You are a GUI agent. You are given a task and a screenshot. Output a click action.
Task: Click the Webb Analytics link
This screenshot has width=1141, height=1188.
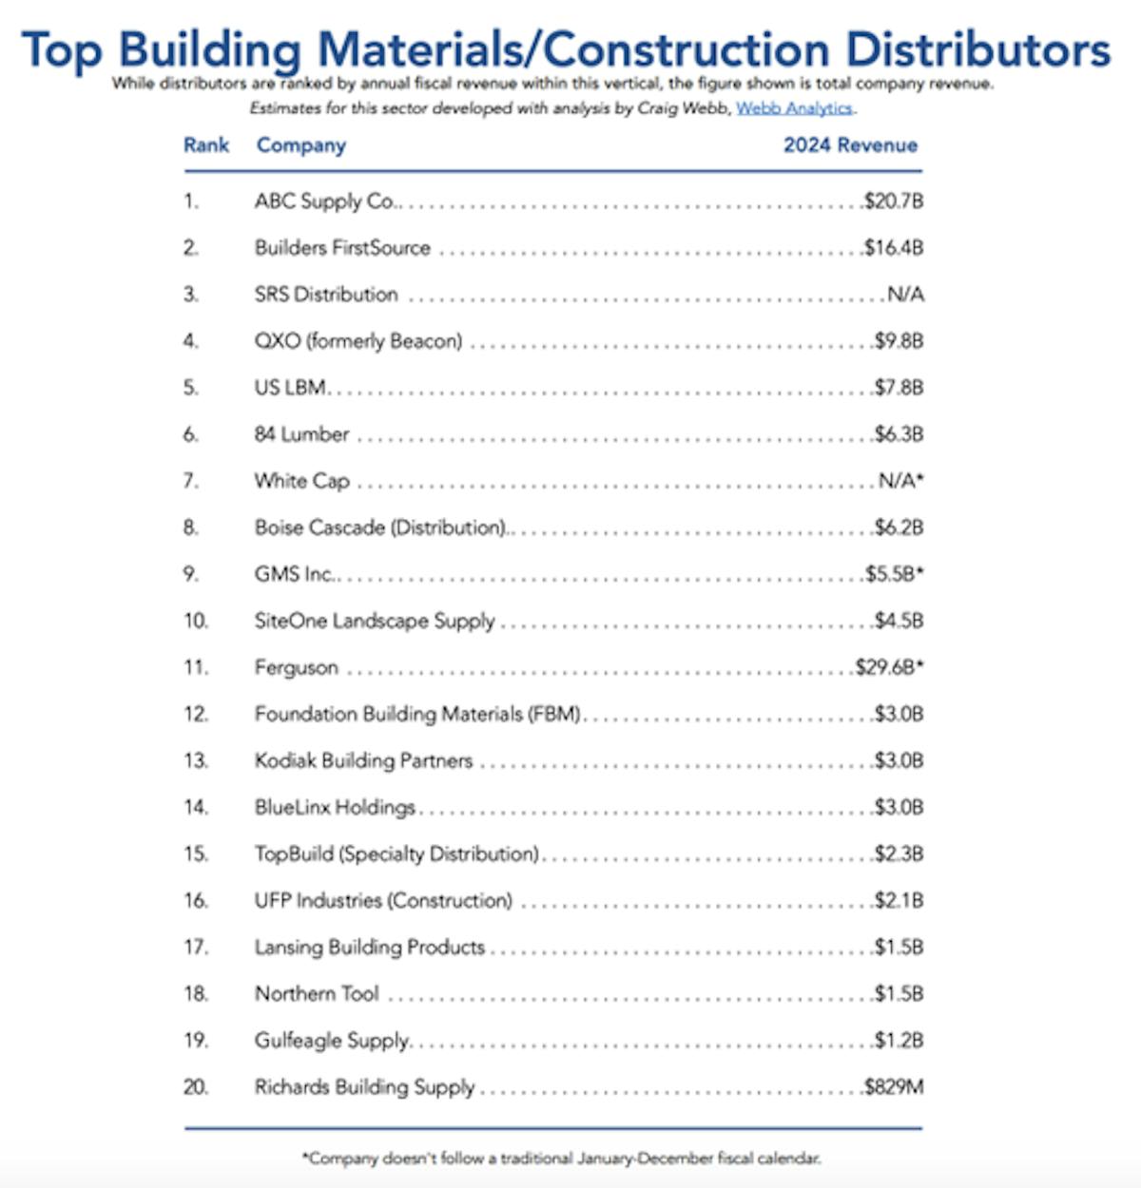tap(795, 108)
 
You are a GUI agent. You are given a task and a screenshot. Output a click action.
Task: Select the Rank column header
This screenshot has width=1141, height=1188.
tap(206, 145)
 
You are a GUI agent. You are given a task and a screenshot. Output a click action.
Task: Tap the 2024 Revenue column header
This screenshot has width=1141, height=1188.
tap(850, 145)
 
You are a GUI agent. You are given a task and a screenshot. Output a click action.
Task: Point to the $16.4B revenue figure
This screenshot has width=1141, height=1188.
tap(894, 248)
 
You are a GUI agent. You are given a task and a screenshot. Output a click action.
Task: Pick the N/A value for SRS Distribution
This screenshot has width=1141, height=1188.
tap(905, 295)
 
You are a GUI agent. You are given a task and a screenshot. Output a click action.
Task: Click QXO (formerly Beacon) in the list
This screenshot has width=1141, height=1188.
tap(358, 341)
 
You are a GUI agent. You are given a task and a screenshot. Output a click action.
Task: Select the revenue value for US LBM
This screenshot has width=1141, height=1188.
tap(899, 388)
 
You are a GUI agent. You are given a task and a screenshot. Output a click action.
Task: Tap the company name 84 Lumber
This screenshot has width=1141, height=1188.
tap(301, 434)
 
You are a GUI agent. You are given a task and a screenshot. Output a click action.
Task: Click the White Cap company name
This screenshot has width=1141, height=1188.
tap(301, 481)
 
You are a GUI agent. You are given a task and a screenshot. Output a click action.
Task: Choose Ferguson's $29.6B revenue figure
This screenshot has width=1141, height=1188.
tap(885, 667)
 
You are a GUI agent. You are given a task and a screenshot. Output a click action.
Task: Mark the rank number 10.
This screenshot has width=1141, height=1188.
tap(195, 621)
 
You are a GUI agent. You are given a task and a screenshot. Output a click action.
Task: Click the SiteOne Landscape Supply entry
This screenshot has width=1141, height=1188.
tap(375, 621)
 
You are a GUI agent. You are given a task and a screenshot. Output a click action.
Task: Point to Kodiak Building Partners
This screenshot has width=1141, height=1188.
tap(363, 760)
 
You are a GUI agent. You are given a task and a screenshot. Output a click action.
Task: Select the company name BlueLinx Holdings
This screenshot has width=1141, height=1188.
tap(335, 807)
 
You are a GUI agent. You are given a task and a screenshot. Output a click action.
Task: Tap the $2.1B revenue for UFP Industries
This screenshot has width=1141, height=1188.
tap(899, 900)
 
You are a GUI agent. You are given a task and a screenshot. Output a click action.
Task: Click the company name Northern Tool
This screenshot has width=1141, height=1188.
tap(317, 994)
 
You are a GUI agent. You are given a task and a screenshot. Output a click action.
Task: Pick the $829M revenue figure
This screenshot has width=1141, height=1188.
tap(893, 1087)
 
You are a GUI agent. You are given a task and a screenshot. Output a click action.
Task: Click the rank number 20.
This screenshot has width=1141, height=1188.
tap(195, 1087)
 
